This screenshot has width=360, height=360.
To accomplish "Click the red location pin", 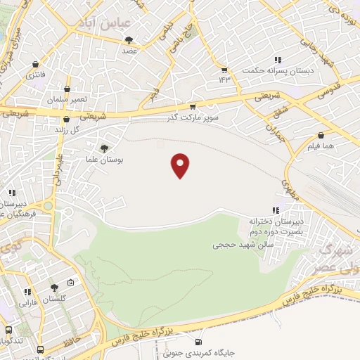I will pyautogui.click(x=181, y=165).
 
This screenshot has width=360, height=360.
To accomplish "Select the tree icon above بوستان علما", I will pyautogui.click(x=105, y=148).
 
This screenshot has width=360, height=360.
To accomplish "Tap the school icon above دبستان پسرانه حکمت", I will pyautogui.click(x=278, y=60).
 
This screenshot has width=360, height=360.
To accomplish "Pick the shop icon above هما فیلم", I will pyautogui.click(x=321, y=135).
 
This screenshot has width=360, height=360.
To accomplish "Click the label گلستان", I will pyautogui.click(x=54, y=299).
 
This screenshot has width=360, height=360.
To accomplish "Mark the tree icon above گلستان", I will pyautogui.click(x=54, y=287).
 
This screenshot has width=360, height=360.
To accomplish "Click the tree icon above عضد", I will pyautogui.click(x=127, y=39).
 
